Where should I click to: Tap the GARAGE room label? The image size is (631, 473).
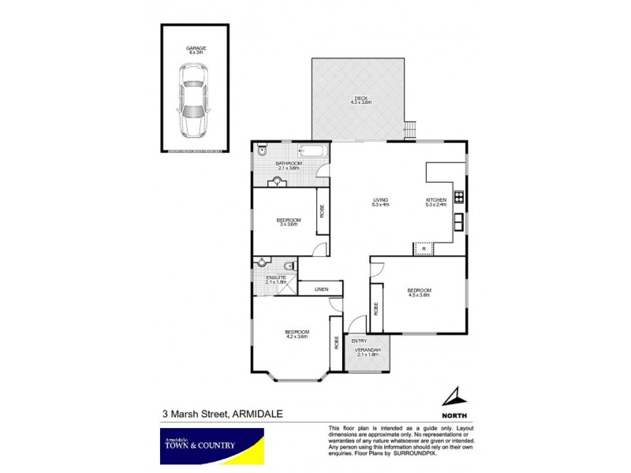[x=196, y=48]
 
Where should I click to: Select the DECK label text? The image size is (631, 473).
[x=360, y=99]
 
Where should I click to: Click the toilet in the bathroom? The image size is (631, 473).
[x=263, y=150]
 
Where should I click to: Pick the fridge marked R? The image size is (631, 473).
[x=424, y=249]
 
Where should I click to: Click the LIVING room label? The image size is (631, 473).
[x=381, y=201]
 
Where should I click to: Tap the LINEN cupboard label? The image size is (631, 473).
[x=321, y=290]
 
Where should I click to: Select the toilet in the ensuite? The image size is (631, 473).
[x=289, y=266]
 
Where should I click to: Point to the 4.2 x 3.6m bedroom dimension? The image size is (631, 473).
[x=297, y=337]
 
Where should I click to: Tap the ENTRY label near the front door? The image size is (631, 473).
[x=359, y=341]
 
